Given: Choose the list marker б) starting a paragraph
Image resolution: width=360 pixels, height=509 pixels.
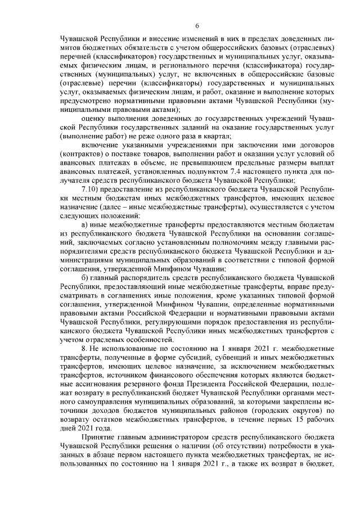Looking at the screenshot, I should pyautogui.click(x=85, y=279).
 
